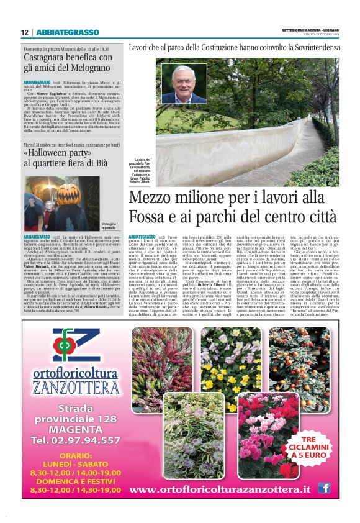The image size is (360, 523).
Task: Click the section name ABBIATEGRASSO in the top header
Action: point(67,32)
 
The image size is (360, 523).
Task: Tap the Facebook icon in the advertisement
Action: point(323,488)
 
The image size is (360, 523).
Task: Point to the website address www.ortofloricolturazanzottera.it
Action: point(219,489)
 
